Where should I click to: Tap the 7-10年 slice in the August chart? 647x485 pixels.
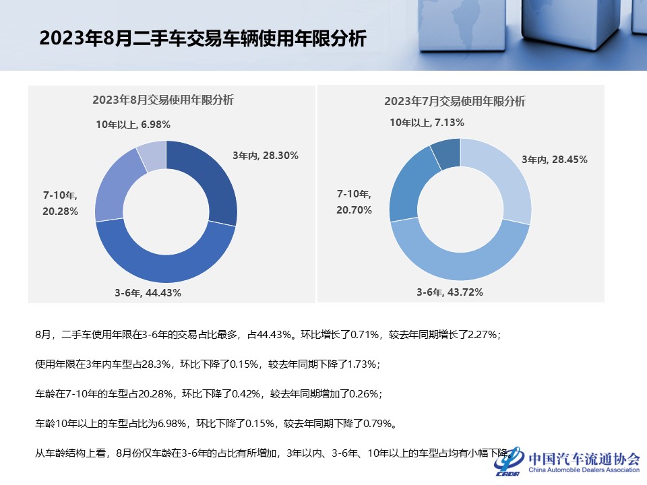click(x=111, y=189)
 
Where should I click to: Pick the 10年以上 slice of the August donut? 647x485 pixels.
click(x=152, y=154)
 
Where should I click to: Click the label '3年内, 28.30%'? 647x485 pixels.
click(x=266, y=156)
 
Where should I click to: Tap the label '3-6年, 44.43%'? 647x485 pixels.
click(x=148, y=293)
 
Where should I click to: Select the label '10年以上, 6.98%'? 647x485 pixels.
click(x=133, y=124)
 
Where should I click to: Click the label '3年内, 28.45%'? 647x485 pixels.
click(x=555, y=160)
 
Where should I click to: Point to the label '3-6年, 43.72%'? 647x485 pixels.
click(x=450, y=292)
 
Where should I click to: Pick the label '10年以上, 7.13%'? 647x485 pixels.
click(x=427, y=123)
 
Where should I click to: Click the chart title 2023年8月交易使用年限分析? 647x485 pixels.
click(x=163, y=100)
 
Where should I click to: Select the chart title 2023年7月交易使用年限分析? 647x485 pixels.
click(x=455, y=102)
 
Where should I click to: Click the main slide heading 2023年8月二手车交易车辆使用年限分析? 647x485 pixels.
click(x=203, y=38)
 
